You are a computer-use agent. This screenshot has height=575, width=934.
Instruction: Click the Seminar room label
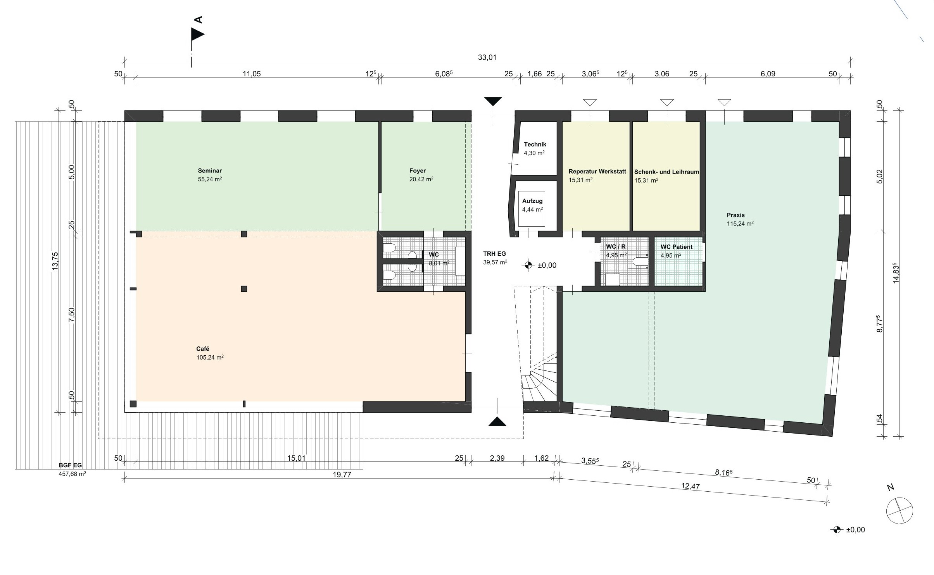210,170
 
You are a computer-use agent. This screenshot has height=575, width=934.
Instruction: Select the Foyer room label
418,170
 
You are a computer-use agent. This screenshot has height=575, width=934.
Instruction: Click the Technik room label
535,145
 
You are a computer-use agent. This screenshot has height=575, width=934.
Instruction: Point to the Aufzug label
532,201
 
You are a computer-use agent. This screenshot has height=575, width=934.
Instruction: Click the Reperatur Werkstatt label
597,171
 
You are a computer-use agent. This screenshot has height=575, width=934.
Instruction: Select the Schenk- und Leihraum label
666,172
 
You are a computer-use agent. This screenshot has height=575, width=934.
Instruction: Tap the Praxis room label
735,215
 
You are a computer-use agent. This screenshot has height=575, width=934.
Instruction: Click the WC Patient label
677,247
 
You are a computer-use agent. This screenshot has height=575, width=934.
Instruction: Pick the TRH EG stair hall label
494,254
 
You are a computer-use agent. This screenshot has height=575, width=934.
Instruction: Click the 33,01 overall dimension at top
487,58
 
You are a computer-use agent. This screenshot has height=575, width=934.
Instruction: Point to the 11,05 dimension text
252,74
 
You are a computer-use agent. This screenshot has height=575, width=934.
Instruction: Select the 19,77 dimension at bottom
342,475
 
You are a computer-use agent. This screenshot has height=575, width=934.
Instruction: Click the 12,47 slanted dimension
690,487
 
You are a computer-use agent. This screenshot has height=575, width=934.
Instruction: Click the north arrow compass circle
899,511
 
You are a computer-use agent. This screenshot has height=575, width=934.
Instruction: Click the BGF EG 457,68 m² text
70,469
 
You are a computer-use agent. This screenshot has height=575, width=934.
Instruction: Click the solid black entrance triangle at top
493,102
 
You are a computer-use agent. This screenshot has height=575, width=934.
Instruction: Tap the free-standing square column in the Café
244,289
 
